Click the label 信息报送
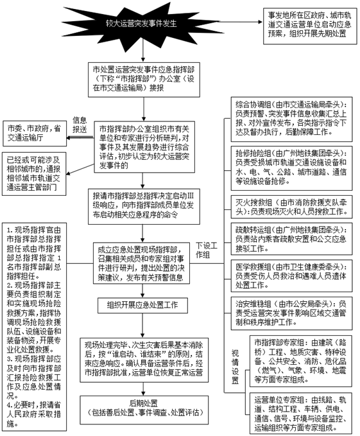pyautogui.click(x=79, y=125)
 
